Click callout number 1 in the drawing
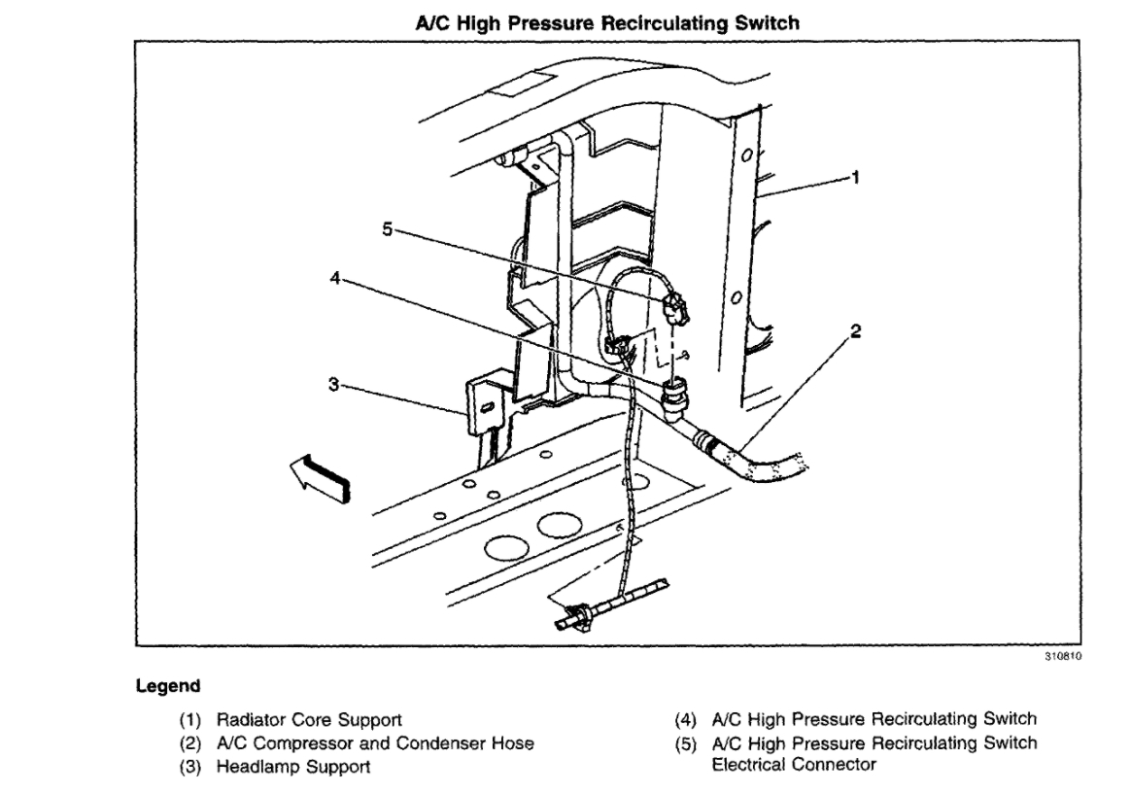(855, 178)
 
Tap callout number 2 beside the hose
(855, 331)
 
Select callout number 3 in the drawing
(333, 385)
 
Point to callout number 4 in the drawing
(334, 276)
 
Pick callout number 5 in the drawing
(387, 230)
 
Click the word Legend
(168, 686)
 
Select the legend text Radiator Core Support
(309, 720)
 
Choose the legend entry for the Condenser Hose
(374, 743)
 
